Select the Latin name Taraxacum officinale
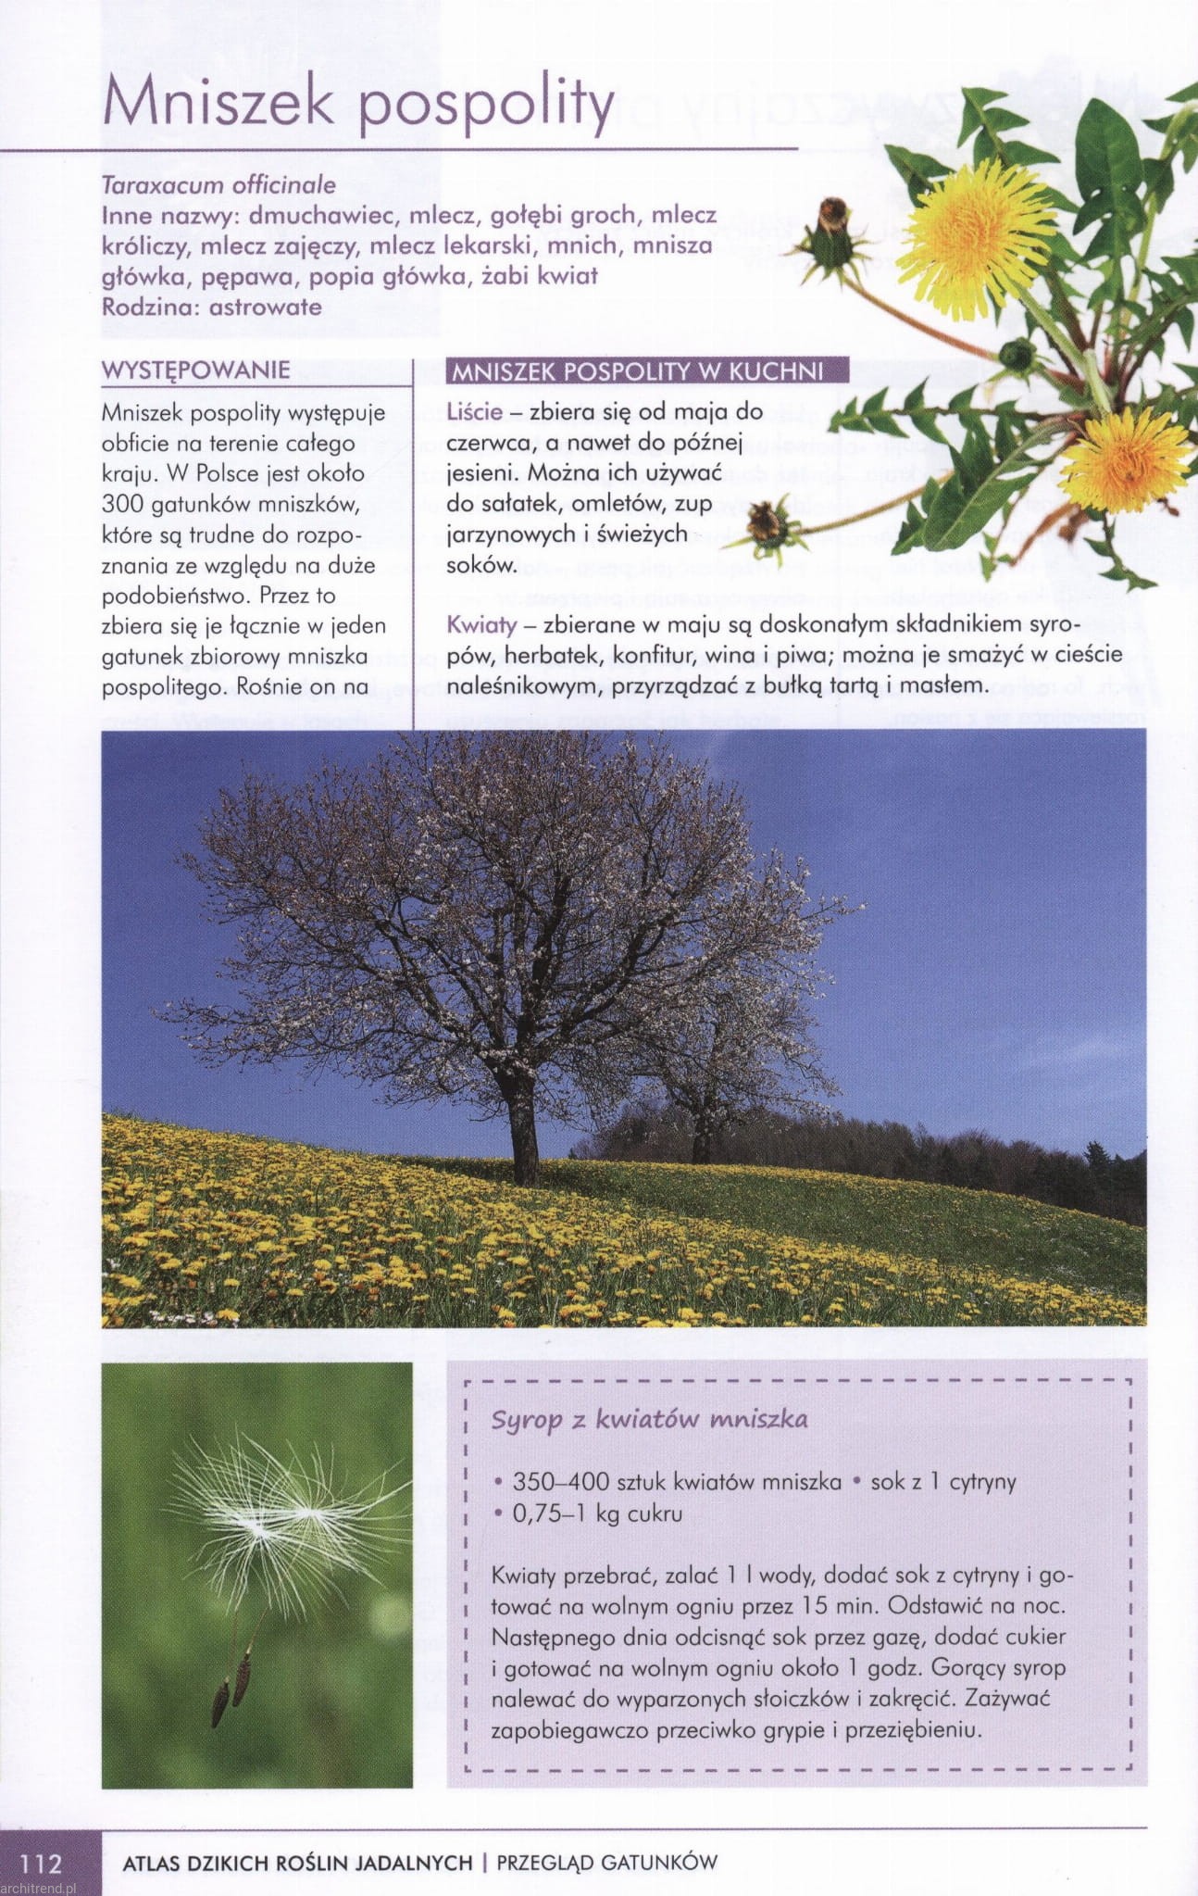coord(218,184)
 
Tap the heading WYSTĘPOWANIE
coord(195,370)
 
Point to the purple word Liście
coord(474,411)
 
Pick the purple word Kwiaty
coord(480,625)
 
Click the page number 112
coord(41,1862)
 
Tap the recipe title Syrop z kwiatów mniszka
coord(649,1420)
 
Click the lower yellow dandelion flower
coord(1125,459)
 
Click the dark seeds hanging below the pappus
coord(231,1686)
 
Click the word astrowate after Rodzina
coord(266,307)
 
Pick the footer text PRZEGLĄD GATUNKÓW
coord(607,1863)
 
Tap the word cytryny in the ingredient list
coord(983,1482)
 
